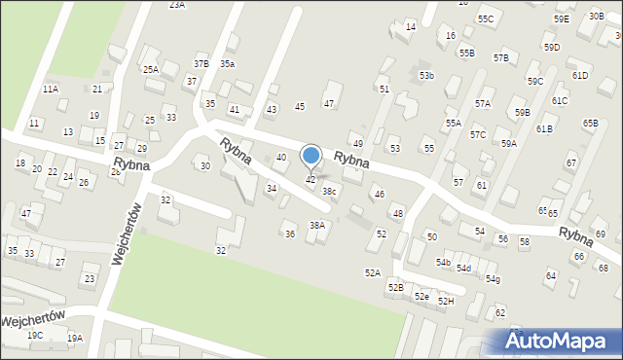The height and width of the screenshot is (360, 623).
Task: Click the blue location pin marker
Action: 311,156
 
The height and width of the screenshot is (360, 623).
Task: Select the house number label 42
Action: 311,180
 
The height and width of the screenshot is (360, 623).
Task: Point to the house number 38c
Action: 330,192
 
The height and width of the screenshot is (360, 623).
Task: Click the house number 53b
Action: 426,76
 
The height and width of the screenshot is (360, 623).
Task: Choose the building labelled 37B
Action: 201,64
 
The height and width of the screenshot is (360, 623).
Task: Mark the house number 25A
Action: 151,70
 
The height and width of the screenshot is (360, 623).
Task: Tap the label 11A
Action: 51,90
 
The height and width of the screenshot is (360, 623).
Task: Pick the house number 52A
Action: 372,273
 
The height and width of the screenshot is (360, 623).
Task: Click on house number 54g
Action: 494,280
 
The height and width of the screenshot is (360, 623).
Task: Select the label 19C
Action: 35,336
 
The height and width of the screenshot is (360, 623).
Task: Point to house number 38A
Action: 317,226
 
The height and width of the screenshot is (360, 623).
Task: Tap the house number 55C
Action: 486,19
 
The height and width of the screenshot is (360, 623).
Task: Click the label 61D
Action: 580,76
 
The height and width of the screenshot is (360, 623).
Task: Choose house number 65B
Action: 591,124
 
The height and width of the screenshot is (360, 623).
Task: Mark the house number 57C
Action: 478,135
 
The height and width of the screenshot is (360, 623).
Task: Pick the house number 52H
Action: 446,302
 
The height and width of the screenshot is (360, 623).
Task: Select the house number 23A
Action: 176,5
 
